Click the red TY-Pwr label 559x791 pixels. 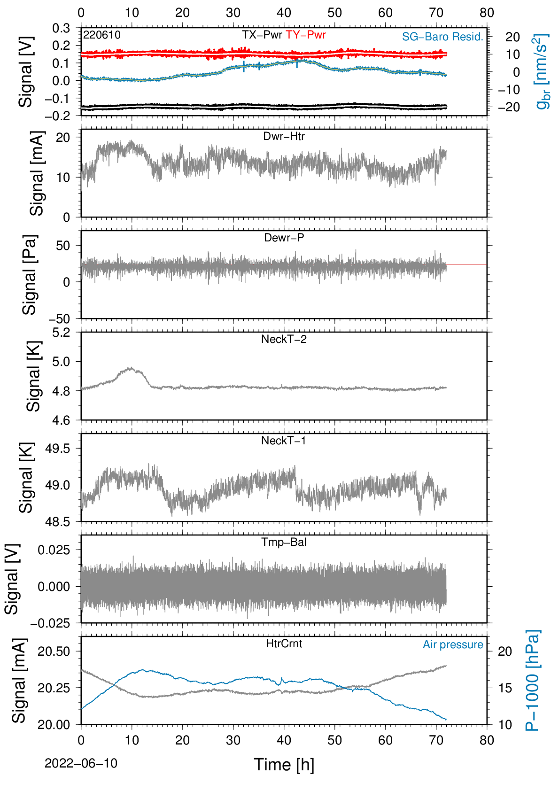coord(305,35)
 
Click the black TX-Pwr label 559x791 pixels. coord(262,35)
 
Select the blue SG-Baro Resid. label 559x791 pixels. coord(443,37)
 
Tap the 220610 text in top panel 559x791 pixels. coord(102,35)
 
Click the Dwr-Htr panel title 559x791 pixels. coord(284,136)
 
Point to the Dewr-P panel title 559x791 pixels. coord(284,238)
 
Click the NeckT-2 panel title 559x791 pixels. coord(284,339)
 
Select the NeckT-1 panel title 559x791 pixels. coord(284,440)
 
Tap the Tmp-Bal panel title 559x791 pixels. coord(284,542)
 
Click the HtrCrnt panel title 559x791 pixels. coord(284,644)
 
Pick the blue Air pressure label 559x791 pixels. coord(453,644)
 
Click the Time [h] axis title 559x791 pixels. coord(284,765)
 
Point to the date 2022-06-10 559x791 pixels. coord(81,763)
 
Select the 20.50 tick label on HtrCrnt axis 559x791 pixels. coord(54,651)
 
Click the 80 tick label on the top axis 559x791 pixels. coord(487,13)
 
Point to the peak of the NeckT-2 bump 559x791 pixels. coord(132,367)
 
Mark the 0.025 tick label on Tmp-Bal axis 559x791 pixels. coord(54,550)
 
